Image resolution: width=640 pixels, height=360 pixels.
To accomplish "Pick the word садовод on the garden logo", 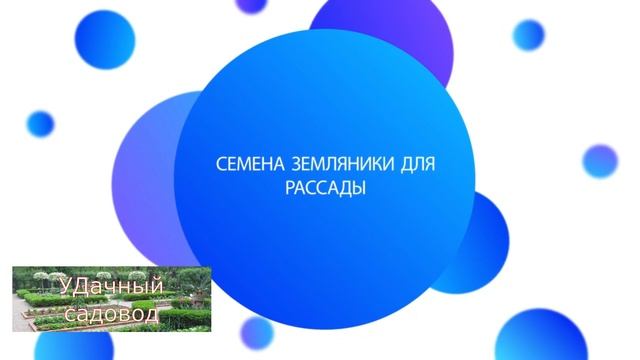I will click(112, 314).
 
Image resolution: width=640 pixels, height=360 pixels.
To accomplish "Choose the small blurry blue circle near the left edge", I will click(40, 123).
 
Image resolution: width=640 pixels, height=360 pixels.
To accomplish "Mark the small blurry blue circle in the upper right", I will click(528, 35).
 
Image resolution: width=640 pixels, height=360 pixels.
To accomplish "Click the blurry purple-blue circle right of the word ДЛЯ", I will click(600, 161).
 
